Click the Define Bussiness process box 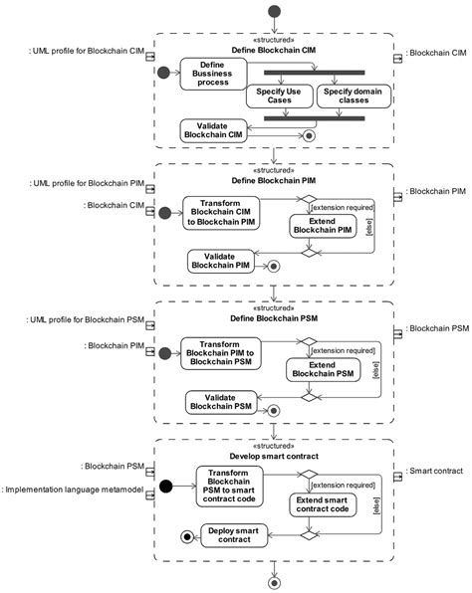pyautogui.click(x=213, y=74)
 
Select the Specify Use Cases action pyautogui.click(x=280, y=97)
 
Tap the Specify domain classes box pyautogui.click(x=354, y=97)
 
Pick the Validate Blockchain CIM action pyautogui.click(x=213, y=131)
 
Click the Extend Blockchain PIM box pyautogui.click(x=323, y=226)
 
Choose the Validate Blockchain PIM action pyautogui.click(x=221, y=261)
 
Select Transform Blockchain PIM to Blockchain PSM pyautogui.click(x=221, y=353)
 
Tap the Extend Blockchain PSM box pyautogui.click(x=324, y=370)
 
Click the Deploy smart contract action pyautogui.click(x=234, y=535)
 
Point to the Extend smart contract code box pyautogui.click(x=323, y=504)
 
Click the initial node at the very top pyautogui.click(x=274, y=11)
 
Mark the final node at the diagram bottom pyautogui.click(x=274, y=583)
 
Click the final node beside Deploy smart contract pyautogui.click(x=187, y=536)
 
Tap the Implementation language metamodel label pyautogui.click(x=73, y=490)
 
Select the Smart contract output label pyautogui.click(x=434, y=472)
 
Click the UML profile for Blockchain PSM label pyautogui.click(x=86, y=320)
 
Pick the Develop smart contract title pyautogui.click(x=274, y=457)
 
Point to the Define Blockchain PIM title pyautogui.click(x=274, y=181)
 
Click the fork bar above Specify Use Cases pyautogui.click(x=314, y=73)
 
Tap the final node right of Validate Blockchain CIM pyautogui.click(x=310, y=135)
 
